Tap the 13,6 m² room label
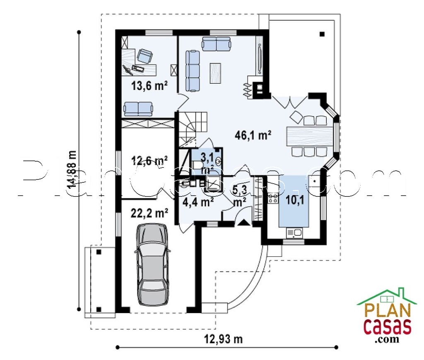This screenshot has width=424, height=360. (x=149, y=86)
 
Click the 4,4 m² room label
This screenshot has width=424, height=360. (x=198, y=202)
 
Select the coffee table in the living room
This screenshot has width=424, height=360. (x=216, y=73)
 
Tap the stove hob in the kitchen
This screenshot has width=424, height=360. (x=273, y=198)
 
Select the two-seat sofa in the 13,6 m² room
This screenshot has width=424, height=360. (x=138, y=109)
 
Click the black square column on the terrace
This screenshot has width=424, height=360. (x=322, y=34)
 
